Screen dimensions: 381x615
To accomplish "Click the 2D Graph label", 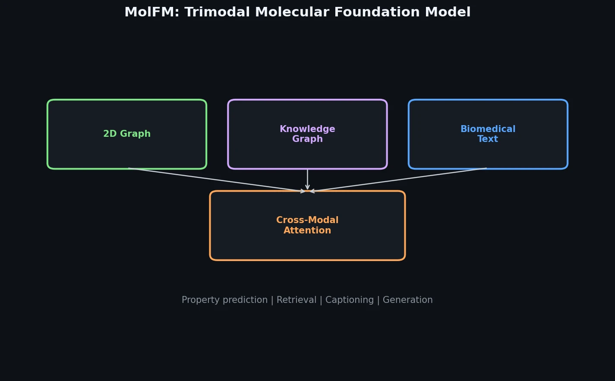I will (x=127, y=134).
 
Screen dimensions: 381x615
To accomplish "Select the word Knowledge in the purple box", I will (x=307, y=129).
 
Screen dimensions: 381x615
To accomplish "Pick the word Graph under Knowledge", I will (x=307, y=139).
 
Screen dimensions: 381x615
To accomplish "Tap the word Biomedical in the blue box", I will (x=488, y=129).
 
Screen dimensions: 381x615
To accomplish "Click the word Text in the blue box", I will (x=488, y=139).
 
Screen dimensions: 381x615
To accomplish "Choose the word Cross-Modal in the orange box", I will (x=307, y=220).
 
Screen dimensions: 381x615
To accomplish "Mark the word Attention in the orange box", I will (x=307, y=230).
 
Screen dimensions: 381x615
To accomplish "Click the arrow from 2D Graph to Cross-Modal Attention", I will (x=216, y=179).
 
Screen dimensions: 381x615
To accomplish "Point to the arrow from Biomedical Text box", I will (x=399, y=179).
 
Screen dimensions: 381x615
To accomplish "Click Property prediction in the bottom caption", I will (x=224, y=300).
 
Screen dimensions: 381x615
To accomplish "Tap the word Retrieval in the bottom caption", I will (x=296, y=300).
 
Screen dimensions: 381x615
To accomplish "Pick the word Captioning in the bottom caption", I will (x=350, y=300).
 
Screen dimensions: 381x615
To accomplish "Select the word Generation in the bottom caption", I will (x=407, y=300).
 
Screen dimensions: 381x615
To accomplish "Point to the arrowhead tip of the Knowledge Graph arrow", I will (x=307, y=189).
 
